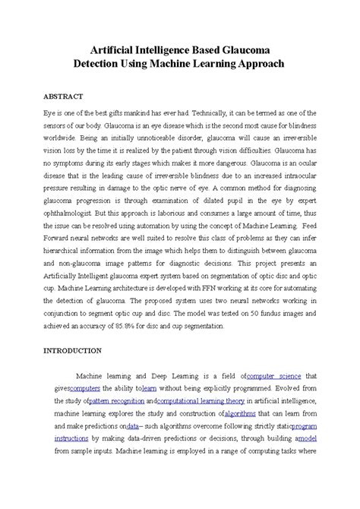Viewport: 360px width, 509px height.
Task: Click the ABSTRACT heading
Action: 62,96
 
